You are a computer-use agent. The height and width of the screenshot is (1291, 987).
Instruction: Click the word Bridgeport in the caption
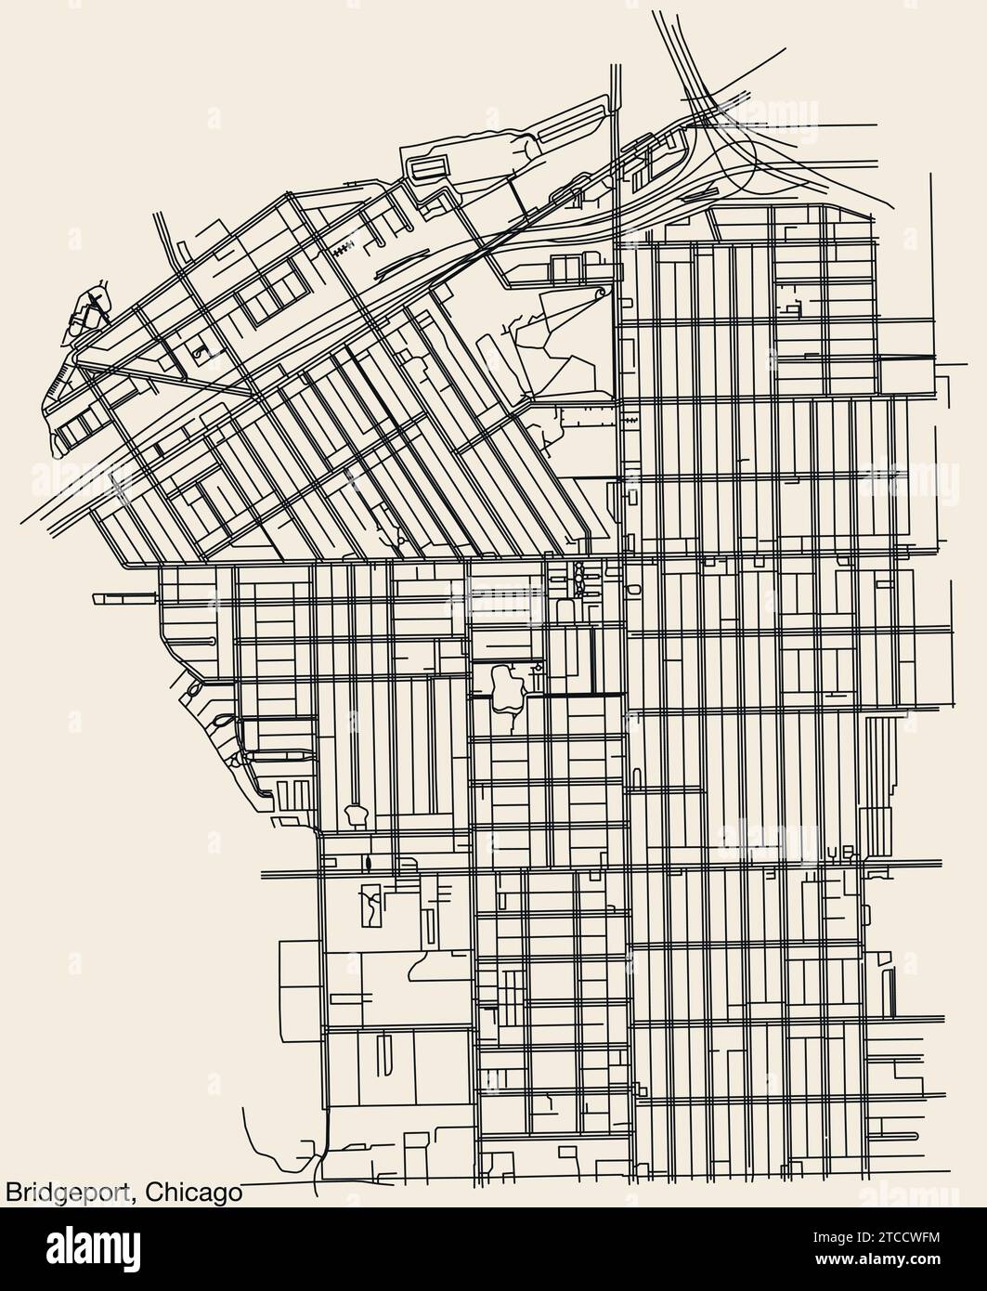67,1192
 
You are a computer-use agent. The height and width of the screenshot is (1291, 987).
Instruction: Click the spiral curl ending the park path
600,293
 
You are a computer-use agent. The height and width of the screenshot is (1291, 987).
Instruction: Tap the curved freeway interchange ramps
734,149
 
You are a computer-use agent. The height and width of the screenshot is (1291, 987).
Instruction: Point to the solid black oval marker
369,866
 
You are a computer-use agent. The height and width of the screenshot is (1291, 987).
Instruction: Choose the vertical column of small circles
579,578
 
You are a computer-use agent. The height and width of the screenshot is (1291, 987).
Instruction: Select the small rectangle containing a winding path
370,905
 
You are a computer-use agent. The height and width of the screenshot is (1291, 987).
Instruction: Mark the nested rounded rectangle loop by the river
429,168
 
